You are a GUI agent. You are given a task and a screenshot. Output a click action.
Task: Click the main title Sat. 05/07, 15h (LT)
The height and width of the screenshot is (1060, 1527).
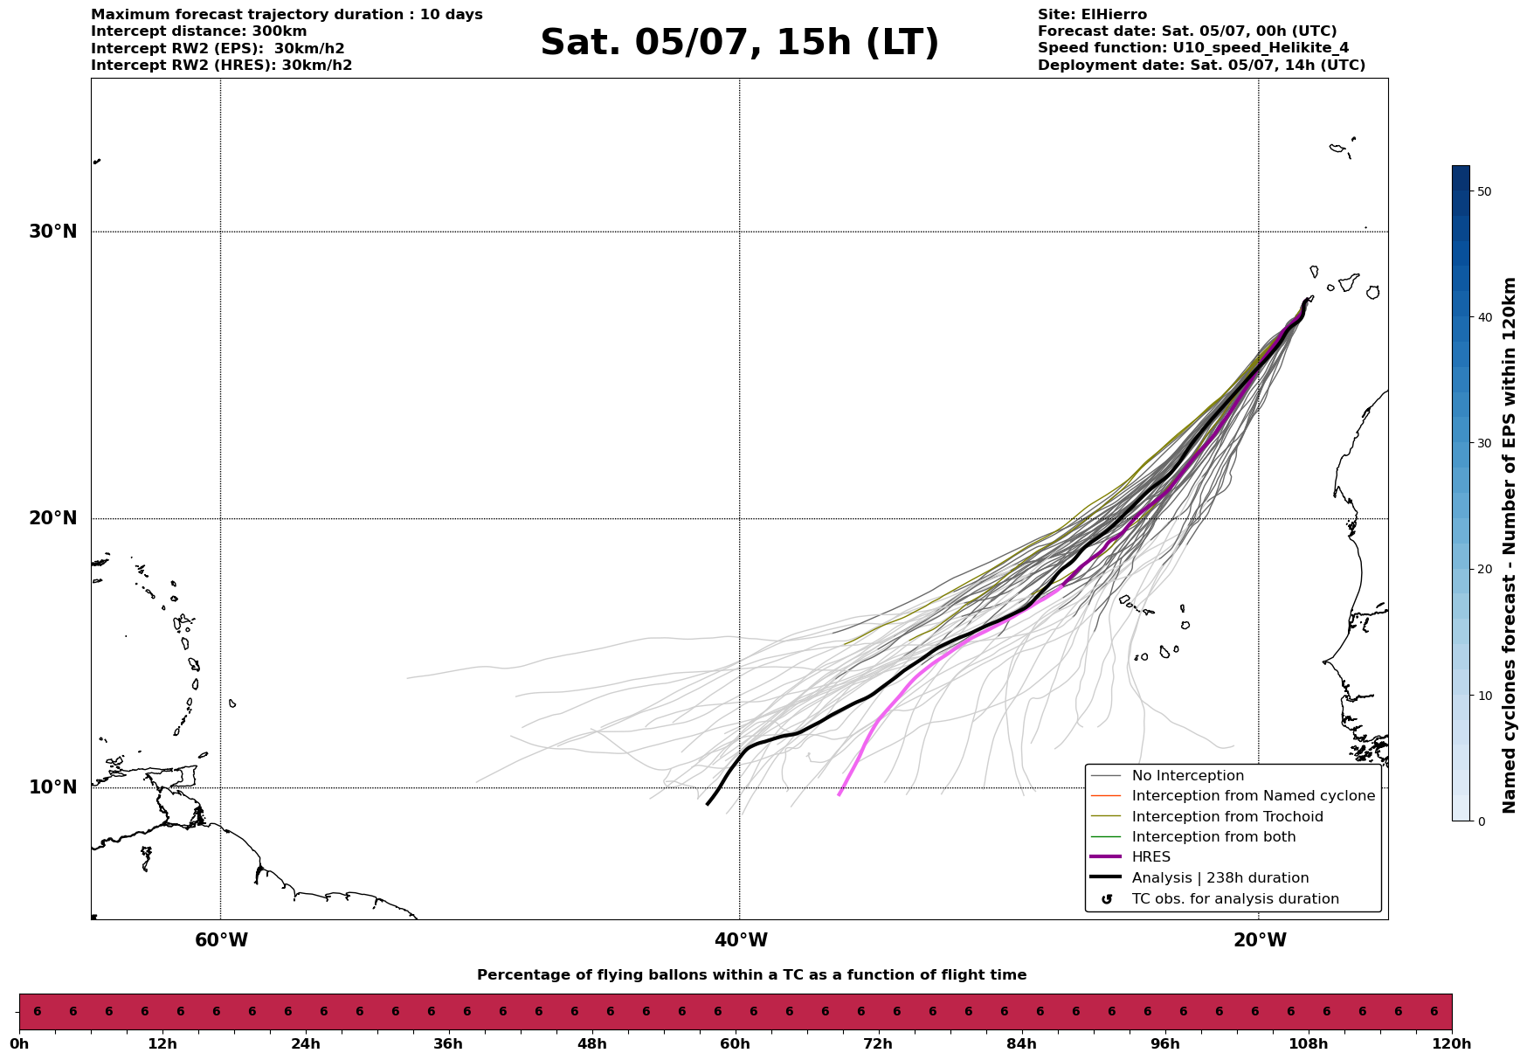tap(739, 43)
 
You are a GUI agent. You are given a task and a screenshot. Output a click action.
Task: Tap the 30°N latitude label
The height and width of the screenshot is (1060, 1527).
tap(53, 232)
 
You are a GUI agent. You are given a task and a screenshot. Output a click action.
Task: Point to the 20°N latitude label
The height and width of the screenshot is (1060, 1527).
tap(53, 518)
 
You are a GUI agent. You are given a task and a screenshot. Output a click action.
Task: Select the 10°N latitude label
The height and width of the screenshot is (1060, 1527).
tap(53, 787)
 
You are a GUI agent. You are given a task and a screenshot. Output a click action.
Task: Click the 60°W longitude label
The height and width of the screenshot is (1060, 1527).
tap(221, 940)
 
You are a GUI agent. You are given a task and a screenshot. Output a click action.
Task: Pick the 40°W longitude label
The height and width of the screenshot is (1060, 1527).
tap(741, 940)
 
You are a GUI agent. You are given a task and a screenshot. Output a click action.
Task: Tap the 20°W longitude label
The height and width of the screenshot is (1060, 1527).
tap(1260, 940)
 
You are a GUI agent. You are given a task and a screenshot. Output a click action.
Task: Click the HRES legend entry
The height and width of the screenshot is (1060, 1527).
tap(1150, 857)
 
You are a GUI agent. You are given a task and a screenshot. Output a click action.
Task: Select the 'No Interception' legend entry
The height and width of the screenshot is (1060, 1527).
tap(1187, 776)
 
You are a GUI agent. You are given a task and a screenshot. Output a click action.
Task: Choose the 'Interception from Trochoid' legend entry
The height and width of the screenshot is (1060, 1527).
tap(1226, 817)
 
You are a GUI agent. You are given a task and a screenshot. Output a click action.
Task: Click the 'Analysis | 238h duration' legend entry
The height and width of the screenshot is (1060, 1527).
tap(1220, 878)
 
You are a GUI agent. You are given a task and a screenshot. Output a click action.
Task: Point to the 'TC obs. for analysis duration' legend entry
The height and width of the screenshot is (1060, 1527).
tap(1234, 899)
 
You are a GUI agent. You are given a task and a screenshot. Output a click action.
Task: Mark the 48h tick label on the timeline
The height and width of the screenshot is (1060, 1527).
tap(591, 1044)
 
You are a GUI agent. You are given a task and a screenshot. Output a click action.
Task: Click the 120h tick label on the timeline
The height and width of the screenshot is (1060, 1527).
tap(1451, 1044)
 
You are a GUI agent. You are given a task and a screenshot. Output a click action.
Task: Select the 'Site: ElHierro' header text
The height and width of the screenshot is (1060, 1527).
tap(1092, 15)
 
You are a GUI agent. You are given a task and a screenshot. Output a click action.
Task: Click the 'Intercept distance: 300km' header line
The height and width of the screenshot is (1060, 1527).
tap(199, 31)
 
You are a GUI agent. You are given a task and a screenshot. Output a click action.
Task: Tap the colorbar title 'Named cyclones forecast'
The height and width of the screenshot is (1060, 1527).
tap(1510, 545)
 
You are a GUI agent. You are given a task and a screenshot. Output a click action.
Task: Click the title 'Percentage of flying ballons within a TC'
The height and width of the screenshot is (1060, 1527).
tap(751, 975)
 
